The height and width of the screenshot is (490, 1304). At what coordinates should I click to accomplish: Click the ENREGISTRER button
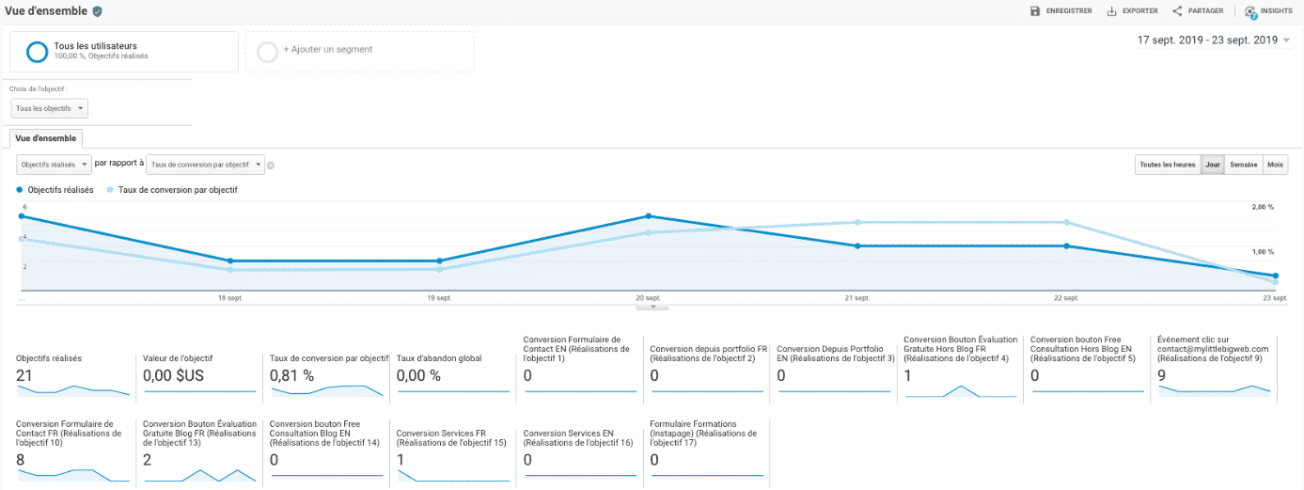click(x=1060, y=11)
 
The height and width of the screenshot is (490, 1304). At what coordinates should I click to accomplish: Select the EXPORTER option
click(x=1132, y=11)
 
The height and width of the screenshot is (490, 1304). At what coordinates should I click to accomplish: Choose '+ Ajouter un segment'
click(x=327, y=50)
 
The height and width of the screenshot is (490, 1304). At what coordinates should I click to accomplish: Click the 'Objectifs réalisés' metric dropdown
click(x=55, y=165)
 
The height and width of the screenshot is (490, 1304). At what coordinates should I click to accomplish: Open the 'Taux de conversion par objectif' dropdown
click(x=207, y=165)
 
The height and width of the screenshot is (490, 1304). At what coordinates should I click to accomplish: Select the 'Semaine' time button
click(x=1243, y=165)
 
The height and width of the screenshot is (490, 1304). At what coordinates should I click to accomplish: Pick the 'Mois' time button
click(x=1275, y=165)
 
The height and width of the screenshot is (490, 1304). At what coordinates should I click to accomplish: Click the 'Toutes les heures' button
click(x=1167, y=165)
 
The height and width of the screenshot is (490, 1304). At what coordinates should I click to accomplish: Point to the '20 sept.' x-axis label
click(x=647, y=298)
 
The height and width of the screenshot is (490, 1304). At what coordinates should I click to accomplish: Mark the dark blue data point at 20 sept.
click(x=648, y=215)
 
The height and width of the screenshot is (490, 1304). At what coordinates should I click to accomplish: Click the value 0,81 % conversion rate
click(x=291, y=376)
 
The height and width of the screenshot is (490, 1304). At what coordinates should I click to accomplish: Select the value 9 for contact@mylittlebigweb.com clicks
click(x=1163, y=376)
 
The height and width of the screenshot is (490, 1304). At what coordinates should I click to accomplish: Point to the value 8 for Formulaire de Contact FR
click(x=22, y=460)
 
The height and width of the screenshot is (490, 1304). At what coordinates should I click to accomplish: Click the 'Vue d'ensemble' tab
click(x=46, y=138)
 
